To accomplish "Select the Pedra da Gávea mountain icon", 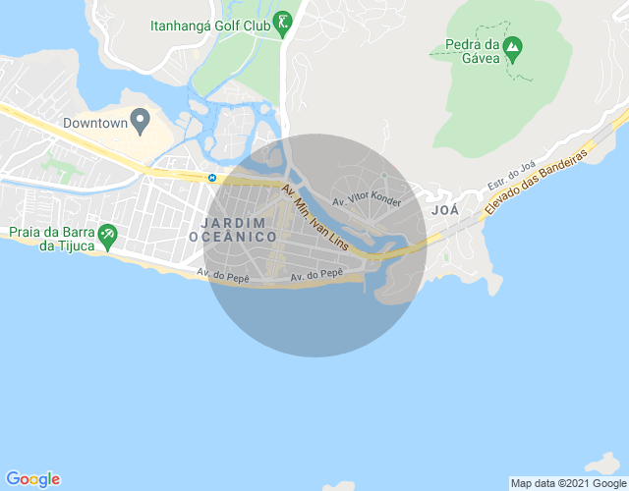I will [x=511, y=45].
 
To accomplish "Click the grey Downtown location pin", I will [x=140, y=122].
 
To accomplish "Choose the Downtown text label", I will [x=95, y=124].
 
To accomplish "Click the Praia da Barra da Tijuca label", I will [x=50, y=239].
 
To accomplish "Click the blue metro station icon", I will [x=212, y=177].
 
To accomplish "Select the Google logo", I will [x=32, y=478].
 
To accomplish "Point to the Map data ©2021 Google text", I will [x=568, y=482].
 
